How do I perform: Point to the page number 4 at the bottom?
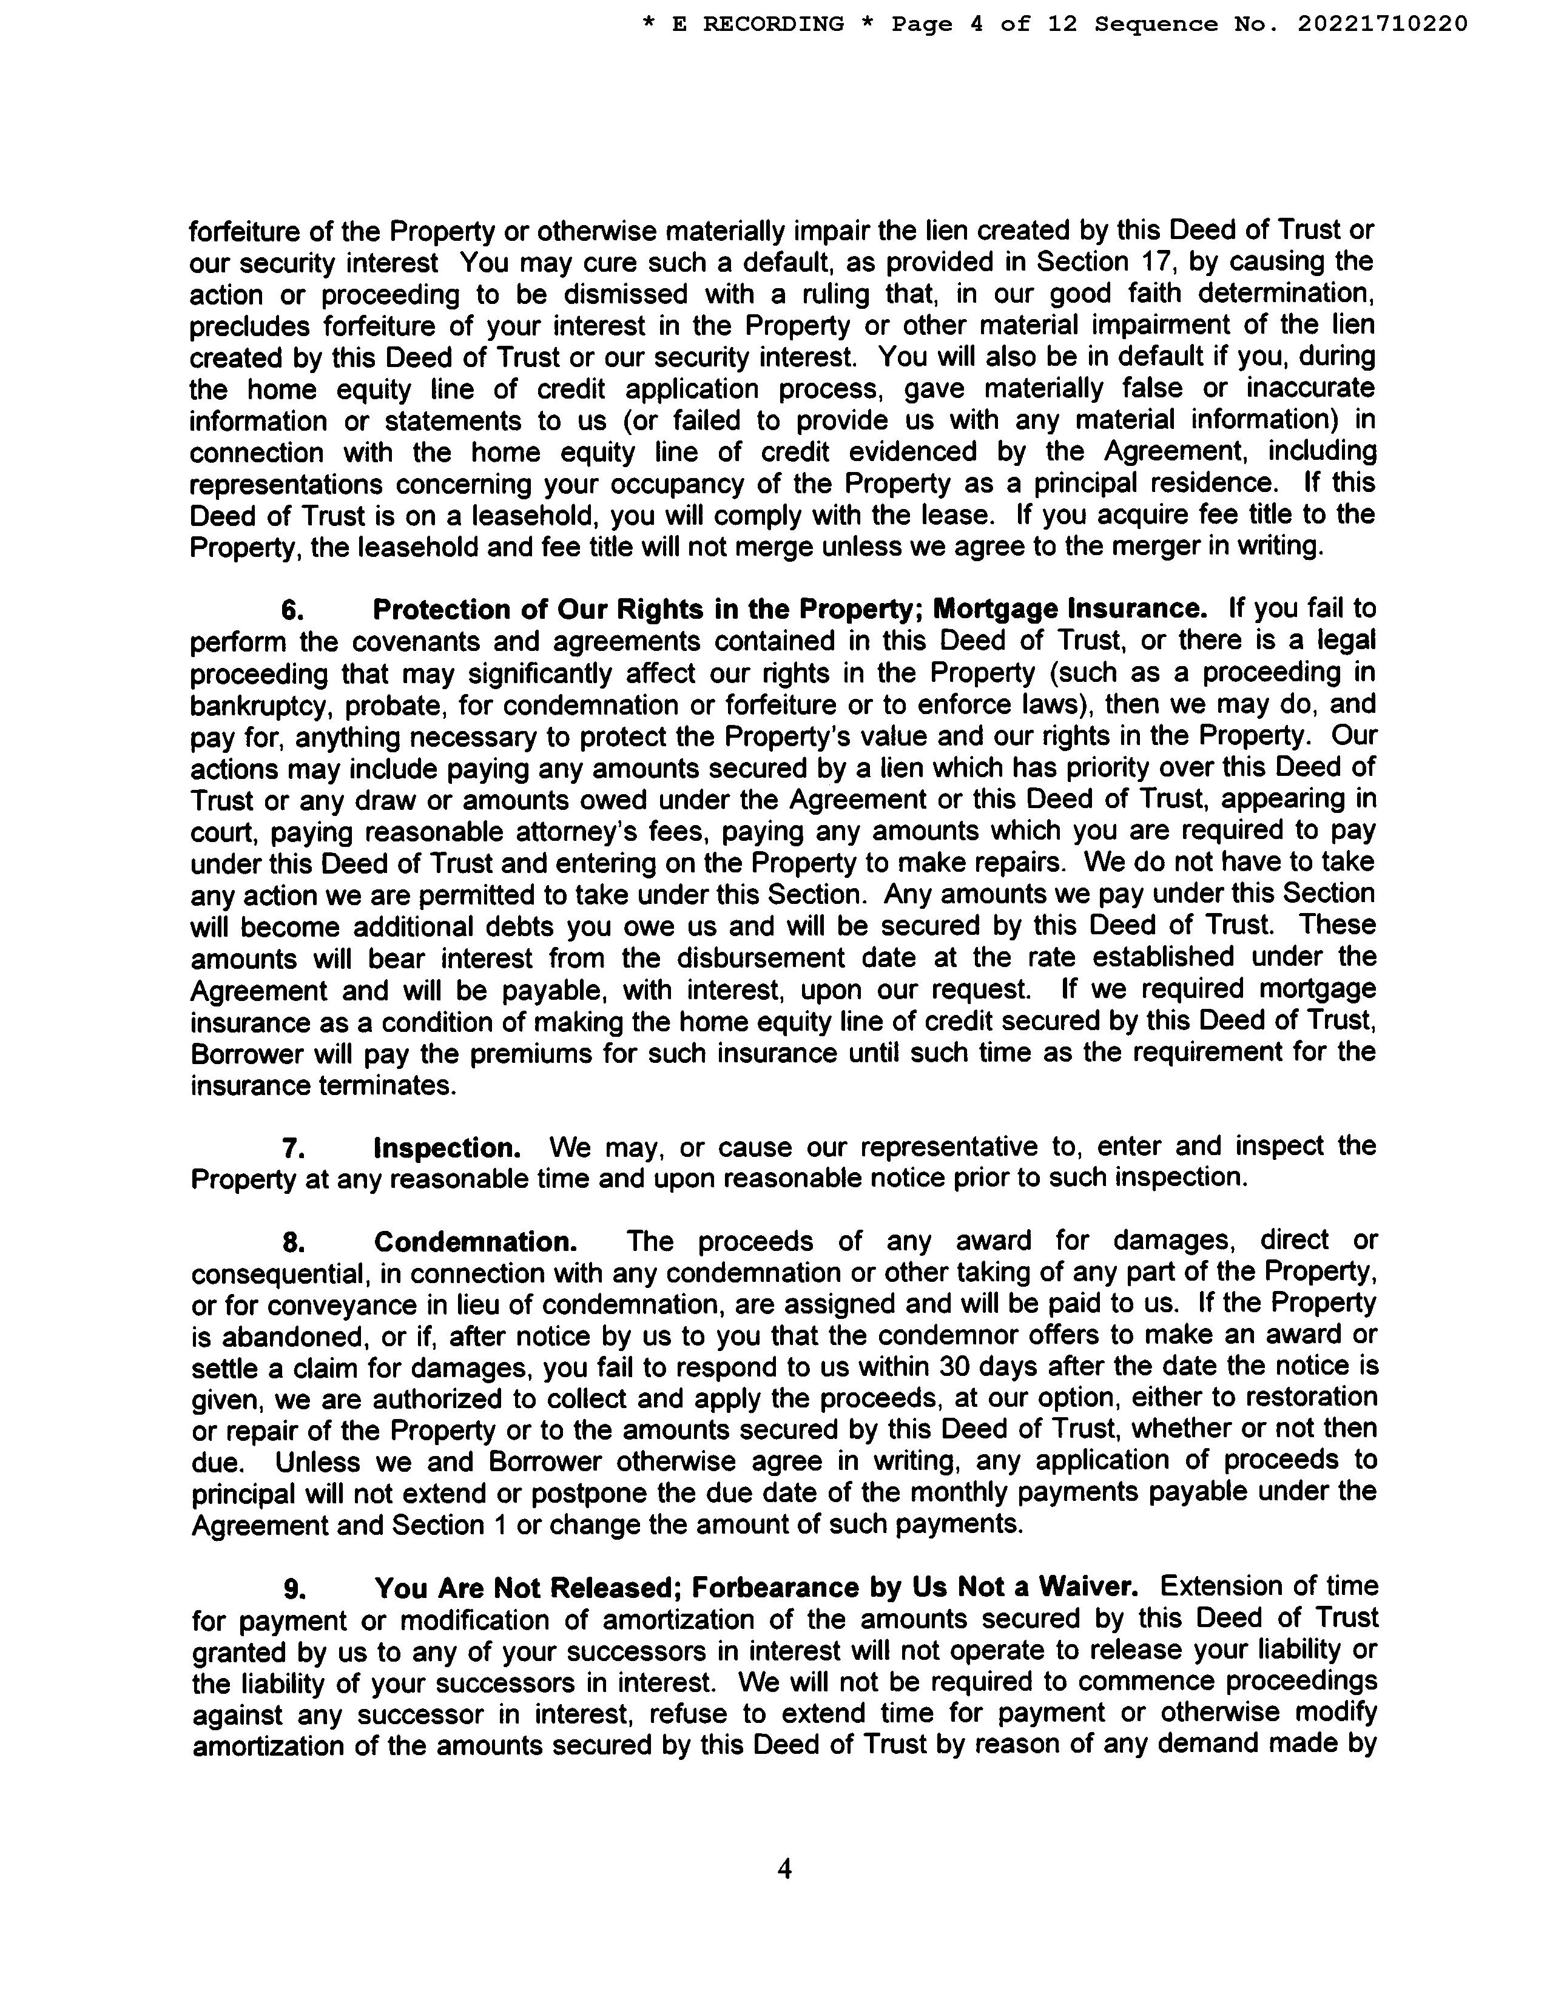point(784,1868)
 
